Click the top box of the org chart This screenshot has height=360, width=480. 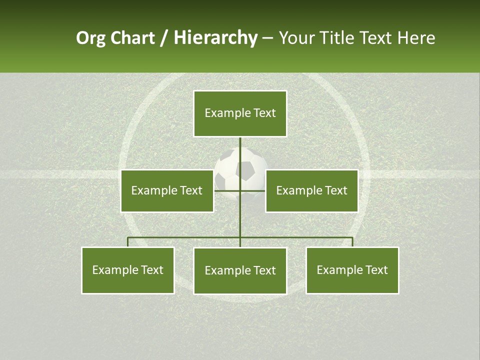click(240, 113)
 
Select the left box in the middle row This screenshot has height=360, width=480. click(167, 190)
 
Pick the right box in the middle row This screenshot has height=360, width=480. click(311, 190)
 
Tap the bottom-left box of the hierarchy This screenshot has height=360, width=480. click(128, 270)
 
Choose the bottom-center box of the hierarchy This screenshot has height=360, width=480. click(240, 270)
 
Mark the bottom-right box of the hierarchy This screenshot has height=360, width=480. click(352, 270)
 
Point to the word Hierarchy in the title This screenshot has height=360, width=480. click(215, 38)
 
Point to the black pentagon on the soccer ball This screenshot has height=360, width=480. click(245, 170)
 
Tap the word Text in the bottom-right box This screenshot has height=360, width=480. click(376, 270)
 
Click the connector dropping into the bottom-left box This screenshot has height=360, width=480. click(128, 242)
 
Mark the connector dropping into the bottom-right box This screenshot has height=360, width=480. click(352, 242)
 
